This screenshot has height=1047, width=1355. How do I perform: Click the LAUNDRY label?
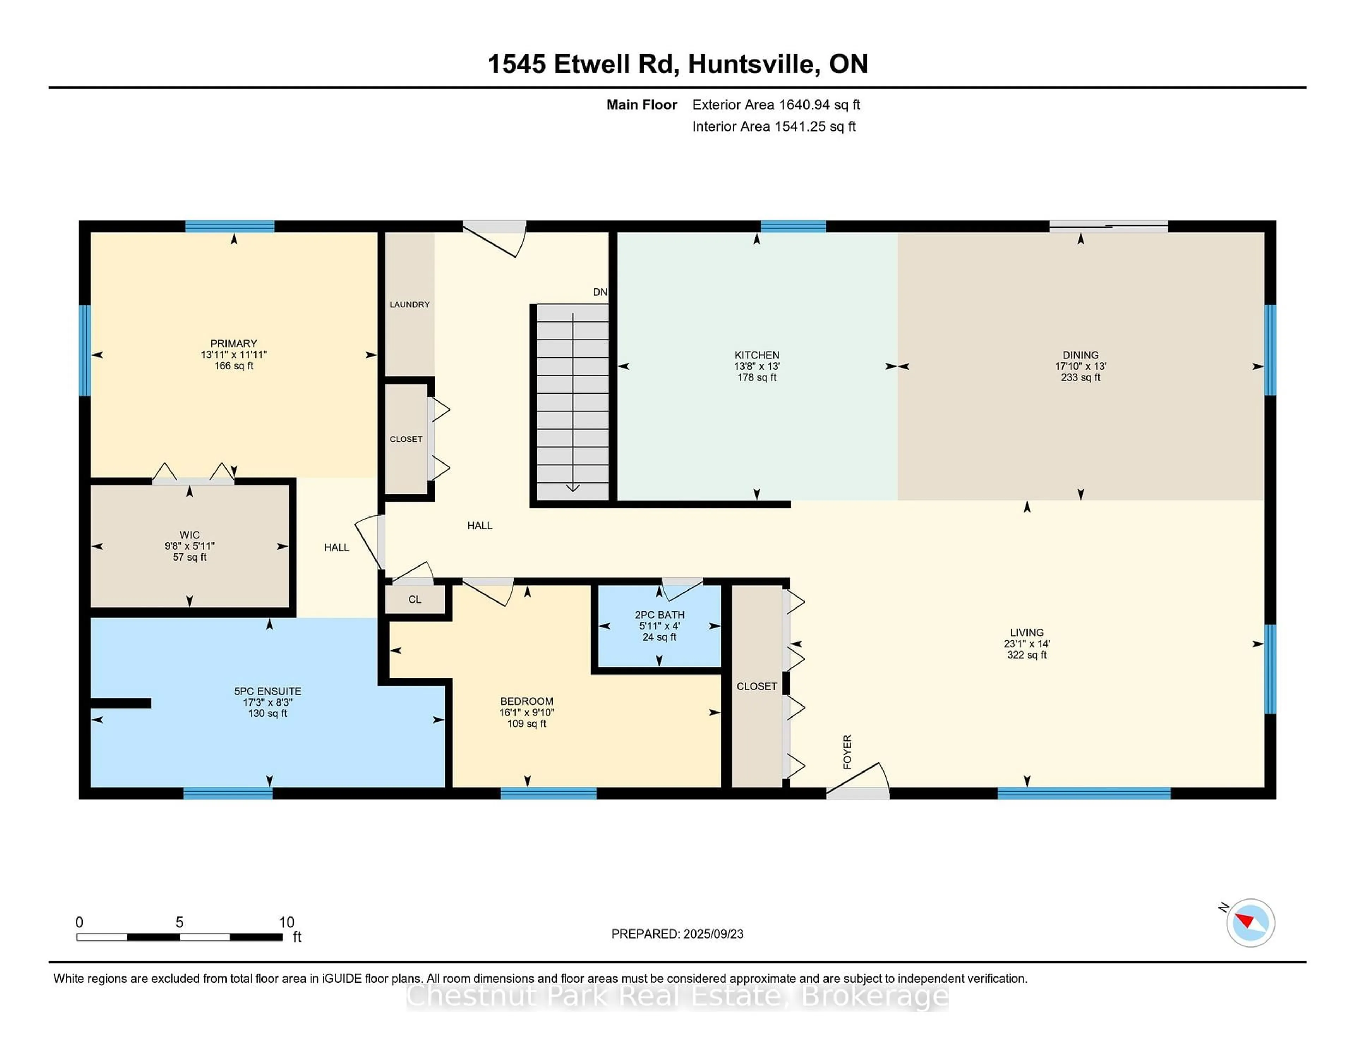pyautogui.click(x=409, y=304)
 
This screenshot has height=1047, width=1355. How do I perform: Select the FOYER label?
pyautogui.click(x=848, y=752)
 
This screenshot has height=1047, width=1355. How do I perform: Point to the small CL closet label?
pyautogui.click(x=415, y=599)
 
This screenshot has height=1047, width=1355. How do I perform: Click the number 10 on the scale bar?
pyautogui.click(x=286, y=922)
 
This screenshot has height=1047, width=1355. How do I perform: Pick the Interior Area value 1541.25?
pyautogui.click(x=799, y=127)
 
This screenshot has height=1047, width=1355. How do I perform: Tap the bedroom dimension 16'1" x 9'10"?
pyautogui.click(x=527, y=713)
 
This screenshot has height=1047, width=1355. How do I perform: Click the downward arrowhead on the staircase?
pyautogui.click(x=573, y=488)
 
